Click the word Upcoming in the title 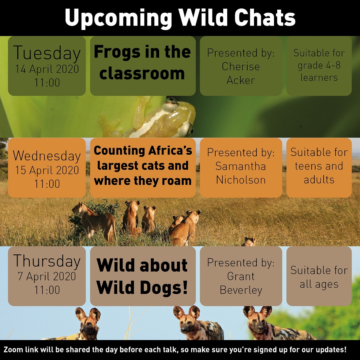(x=118, y=18)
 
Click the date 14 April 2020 (x=47, y=69)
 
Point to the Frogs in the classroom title (x=142, y=62)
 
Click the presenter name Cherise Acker (x=241, y=73)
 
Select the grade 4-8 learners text (x=319, y=72)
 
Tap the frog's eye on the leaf (x=170, y=101)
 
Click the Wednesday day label (x=47, y=156)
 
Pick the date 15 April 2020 (x=47, y=170)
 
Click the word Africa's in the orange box (x=170, y=151)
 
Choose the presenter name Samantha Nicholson (x=241, y=173)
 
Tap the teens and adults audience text (x=319, y=173)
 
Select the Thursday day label (x=47, y=262)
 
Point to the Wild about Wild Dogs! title (x=142, y=276)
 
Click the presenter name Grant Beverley (x=241, y=283)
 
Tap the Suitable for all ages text (x=319, y=277)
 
